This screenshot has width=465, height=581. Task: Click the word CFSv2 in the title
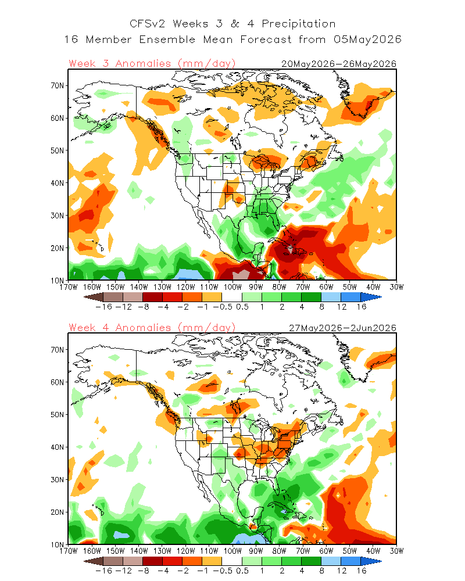point(148,24)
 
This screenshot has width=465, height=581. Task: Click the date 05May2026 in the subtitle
point(367,40)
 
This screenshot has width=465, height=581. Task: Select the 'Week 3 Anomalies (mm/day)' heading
point(152,64)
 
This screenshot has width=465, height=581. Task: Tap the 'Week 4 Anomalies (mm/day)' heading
point(152,328)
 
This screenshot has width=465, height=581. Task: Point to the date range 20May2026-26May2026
point(339,64)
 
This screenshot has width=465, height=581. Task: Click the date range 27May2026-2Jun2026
point(342,328)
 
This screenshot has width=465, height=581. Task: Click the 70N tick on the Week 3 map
point(58,85)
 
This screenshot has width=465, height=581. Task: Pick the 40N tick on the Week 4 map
point(58,447)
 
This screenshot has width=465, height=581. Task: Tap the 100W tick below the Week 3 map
point(233,287)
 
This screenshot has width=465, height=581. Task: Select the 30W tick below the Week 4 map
point(396,551)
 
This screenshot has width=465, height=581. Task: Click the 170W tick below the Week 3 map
point(69,287)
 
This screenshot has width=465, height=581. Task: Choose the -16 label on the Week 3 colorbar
point(103,307)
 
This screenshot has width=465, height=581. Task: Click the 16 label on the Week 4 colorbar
point(362,571)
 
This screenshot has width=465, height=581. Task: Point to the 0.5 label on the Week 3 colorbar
point(242,307)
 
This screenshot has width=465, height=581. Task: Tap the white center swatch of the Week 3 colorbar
point(232,297)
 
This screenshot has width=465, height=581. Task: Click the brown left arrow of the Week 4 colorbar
point(94,561)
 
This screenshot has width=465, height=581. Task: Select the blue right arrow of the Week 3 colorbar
point(371,297)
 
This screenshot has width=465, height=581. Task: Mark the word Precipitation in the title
point(299,24)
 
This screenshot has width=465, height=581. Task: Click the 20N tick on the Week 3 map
point(58,248)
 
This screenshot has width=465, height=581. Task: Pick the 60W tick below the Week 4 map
point(326,551)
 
